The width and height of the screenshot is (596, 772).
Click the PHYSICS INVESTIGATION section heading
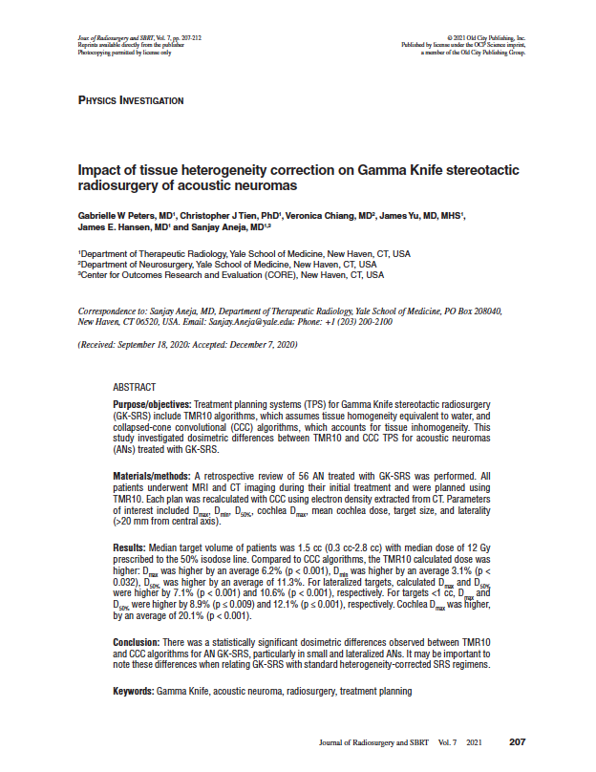pos(131,100)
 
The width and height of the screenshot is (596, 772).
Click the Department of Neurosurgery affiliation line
pos(227,264)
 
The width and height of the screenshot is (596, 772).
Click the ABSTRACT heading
pos(135,388)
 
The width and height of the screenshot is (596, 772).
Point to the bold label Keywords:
pos(134,691)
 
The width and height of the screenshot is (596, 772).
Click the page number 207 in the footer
pos(518,741)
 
